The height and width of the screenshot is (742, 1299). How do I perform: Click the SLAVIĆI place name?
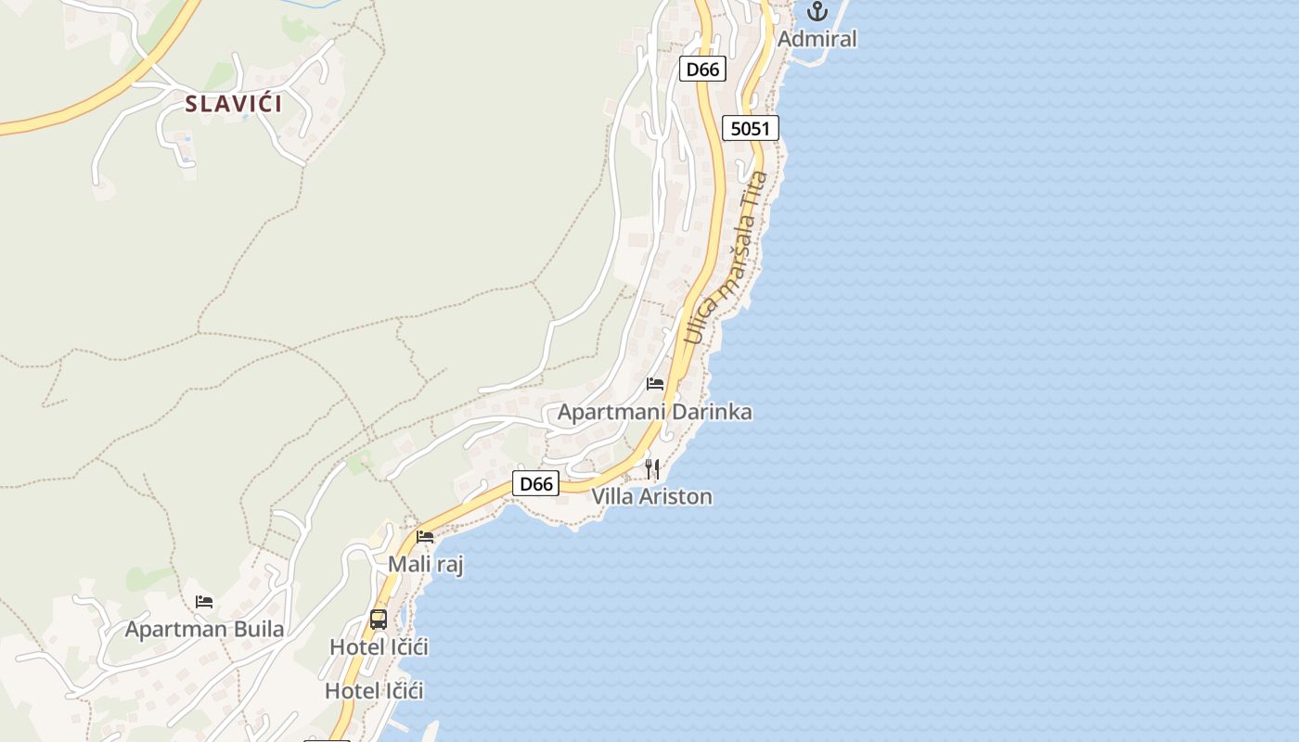tap(233, 103)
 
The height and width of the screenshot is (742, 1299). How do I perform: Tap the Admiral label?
tap(817, 39)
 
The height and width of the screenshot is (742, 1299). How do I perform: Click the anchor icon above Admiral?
tap(817, 12)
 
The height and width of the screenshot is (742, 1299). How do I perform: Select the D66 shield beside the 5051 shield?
tap(702, 69)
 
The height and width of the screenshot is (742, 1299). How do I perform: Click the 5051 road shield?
tap(751, 128)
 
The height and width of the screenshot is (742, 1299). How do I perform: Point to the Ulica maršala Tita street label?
tap(727, 258)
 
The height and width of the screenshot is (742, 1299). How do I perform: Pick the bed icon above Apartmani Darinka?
tap(655, 384)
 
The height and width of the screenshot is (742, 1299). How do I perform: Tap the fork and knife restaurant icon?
tap(652, 469)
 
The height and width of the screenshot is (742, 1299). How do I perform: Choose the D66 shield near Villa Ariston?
tap(535, 483)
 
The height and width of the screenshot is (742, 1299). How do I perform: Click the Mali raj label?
tap(425, 564)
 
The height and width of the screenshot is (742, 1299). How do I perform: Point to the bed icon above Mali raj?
tap(425, 536)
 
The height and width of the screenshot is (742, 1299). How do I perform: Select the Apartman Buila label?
tap(204, 629)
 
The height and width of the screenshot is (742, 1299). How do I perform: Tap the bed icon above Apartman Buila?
tap(204, 602)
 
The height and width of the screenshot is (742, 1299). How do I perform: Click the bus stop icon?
tap(379, 619)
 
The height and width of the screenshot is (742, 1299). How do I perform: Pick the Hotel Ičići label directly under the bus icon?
tap(379, 646)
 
